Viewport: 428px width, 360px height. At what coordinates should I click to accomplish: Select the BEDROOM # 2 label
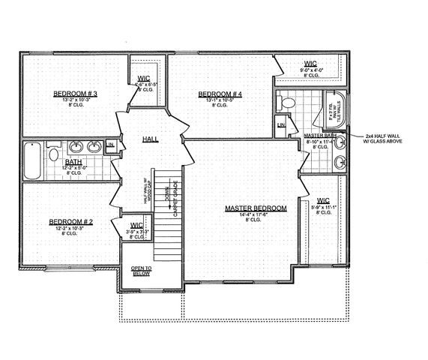click(70, 222)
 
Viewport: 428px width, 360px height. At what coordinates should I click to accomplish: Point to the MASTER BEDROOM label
click(256, 207)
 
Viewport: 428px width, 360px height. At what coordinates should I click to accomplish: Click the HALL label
click(149, 139)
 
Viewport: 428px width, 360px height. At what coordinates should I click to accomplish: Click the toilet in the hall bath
click(53, 155)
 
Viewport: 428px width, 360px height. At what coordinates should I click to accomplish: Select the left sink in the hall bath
click(75, 148)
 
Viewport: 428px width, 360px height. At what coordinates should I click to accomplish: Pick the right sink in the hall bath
click(94, 148)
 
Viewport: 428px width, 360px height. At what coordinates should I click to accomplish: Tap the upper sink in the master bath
click(340, 142)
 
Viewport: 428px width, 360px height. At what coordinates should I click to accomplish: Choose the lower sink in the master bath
click(340, 160)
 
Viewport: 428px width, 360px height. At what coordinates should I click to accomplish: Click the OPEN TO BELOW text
click(141, 271)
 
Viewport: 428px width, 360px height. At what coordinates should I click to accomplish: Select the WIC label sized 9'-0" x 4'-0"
click(310, 64)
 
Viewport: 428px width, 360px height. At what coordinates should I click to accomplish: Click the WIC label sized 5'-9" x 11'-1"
click(323, 200)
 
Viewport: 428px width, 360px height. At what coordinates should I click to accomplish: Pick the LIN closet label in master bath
click(280, 125)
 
